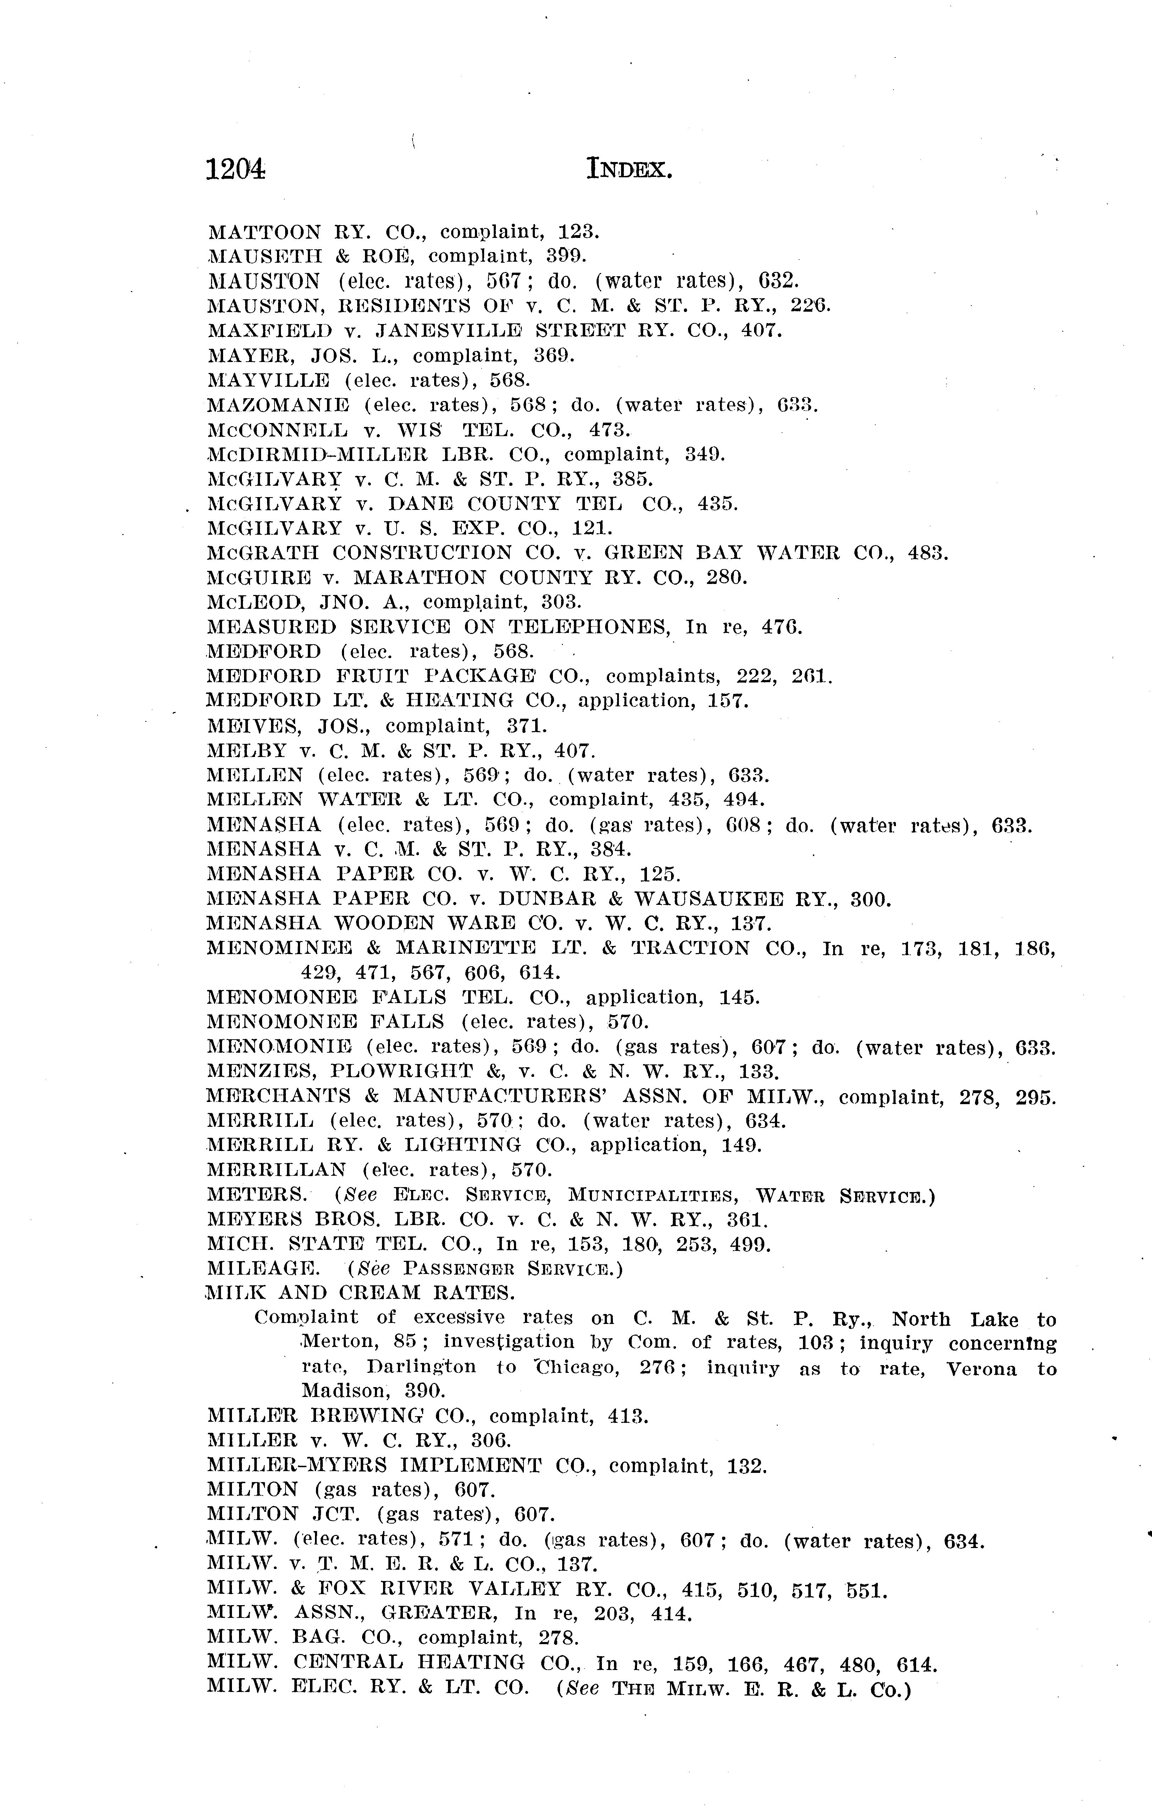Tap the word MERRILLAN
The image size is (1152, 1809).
(x=277, y=1170)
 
